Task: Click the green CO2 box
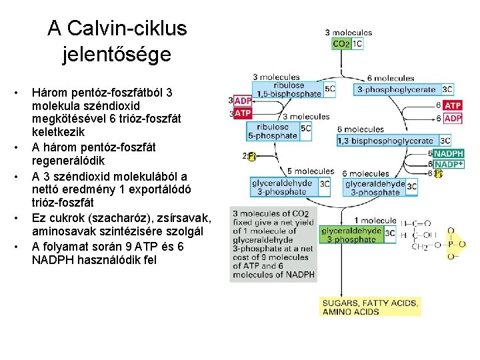point(341,45)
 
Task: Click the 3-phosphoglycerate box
point(396,89)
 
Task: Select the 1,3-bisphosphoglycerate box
point(388,141)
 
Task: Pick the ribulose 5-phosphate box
point(275,131)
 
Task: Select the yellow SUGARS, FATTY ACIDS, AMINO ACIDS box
point(370,307)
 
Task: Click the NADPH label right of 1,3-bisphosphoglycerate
point(449,153)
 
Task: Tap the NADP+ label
point(449,164)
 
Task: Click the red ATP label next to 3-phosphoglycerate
point(453,105)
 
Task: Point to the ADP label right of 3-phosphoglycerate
point(453,118)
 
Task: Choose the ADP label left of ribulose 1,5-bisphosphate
point(243,101)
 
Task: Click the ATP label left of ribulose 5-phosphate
point(243,113)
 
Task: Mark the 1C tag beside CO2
point(357,45)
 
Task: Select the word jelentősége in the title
point(117,53)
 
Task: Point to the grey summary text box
point(273,244)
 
